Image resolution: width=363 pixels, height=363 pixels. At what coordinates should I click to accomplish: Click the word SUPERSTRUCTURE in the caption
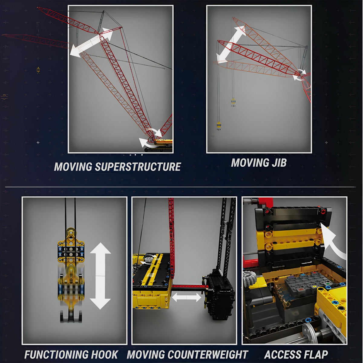click(x=138, y=166)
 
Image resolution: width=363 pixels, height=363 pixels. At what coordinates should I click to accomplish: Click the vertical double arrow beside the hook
click(x=100, y=276)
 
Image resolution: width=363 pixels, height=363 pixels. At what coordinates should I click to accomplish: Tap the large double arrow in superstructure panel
click(x=91, y=42)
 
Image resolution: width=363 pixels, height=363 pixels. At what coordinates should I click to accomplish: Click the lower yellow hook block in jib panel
click(x=219, y=126)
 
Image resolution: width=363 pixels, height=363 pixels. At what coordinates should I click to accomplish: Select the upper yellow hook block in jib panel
click(x=233, y=102)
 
